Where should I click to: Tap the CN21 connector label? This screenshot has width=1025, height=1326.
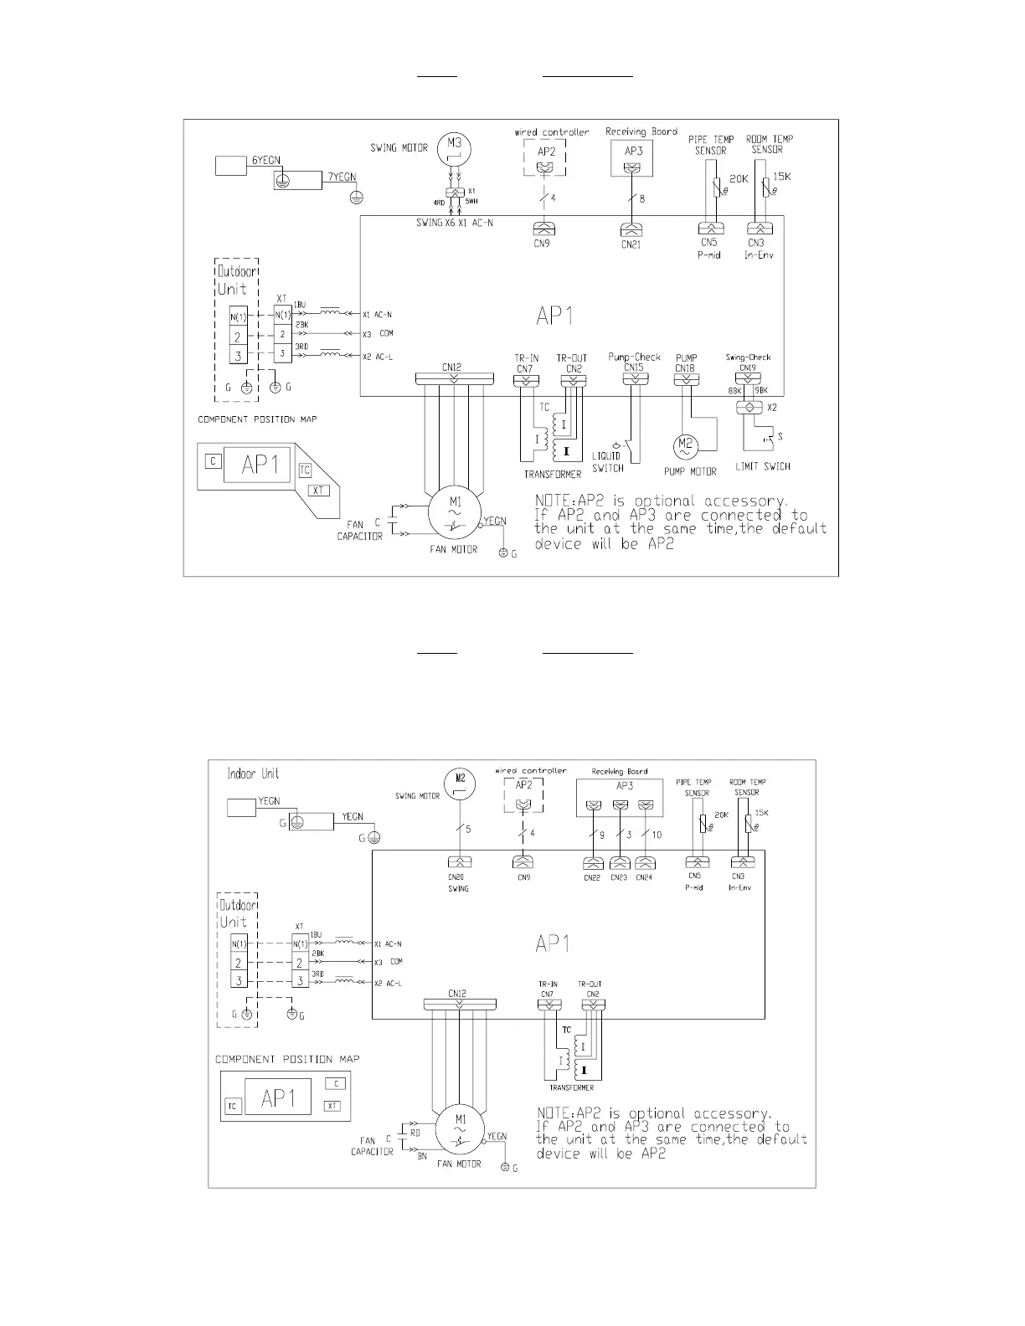(631, 244)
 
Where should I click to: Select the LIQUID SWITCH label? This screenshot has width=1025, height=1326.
(608, 462)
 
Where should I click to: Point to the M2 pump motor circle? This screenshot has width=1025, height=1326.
(686, 445)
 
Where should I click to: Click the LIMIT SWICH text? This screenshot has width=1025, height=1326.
(762, 466)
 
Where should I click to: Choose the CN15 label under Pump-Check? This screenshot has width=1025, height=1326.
(634, 367)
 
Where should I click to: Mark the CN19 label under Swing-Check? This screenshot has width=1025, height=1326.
(748, 367)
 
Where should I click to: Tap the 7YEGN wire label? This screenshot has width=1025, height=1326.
(342, 177)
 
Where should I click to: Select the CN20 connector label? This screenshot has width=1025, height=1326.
(457, 877)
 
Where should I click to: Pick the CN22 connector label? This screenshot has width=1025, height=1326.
(592, 877)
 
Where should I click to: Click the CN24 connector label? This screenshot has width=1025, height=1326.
(644, 877)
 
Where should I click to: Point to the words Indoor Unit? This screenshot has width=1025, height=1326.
(253, 773)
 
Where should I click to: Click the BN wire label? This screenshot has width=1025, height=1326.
(422, 1155)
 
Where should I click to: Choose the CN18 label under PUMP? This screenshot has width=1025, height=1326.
(686, 367)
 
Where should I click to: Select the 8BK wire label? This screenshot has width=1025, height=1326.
(734, 390)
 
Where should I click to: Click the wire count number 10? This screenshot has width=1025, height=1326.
(656, 835)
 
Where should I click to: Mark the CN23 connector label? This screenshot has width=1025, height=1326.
(619, 877)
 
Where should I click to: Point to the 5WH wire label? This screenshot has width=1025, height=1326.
(473, 202)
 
